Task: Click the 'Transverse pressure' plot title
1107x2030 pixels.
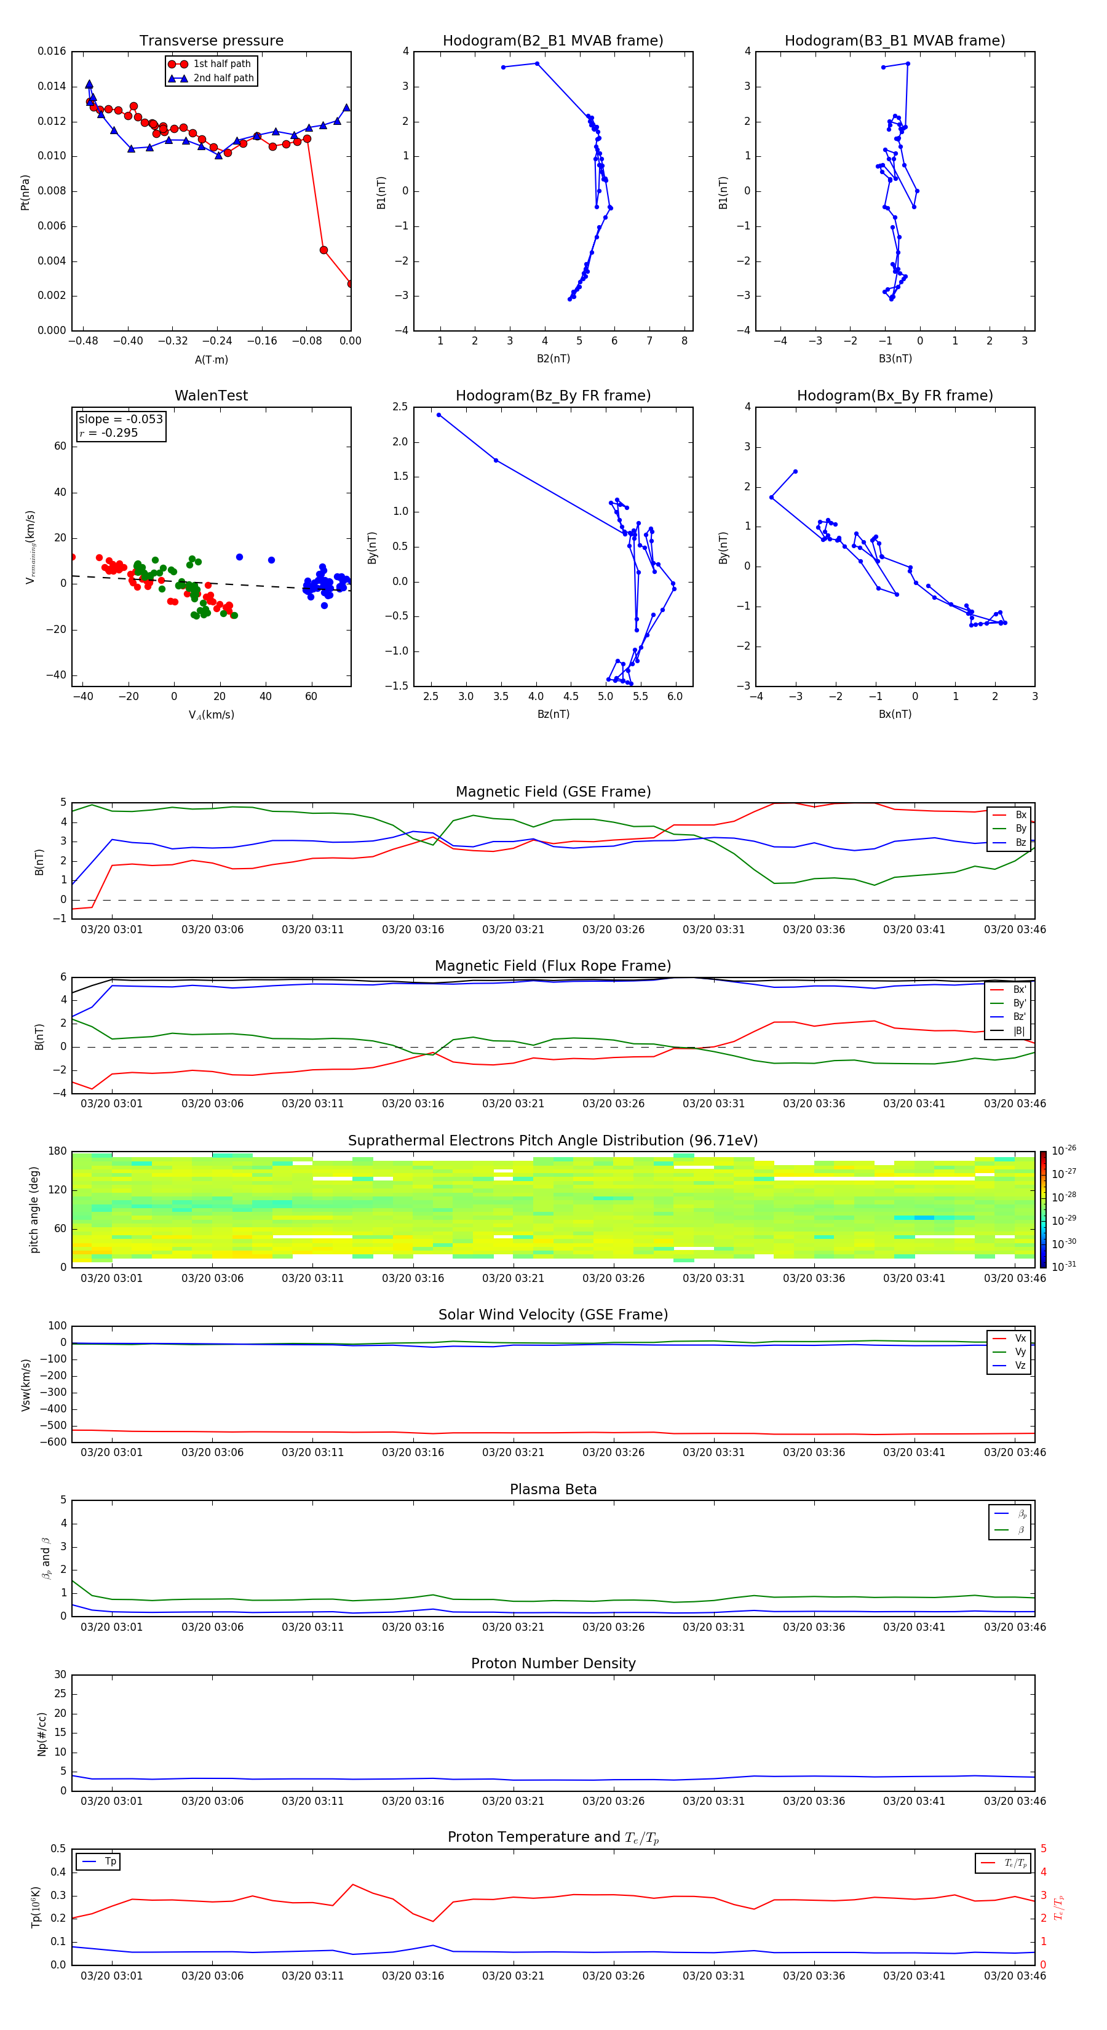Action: click(211, 41)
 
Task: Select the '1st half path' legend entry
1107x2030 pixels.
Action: click(221, 64)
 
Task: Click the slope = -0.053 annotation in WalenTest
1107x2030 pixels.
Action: click(121, 420)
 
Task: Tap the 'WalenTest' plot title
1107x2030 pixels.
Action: click(211, 396)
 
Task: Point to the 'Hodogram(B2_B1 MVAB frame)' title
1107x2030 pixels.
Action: click(552, 41)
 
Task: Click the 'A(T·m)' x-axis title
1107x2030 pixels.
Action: click(211, 359)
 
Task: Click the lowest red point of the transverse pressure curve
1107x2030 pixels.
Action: click(351, 284)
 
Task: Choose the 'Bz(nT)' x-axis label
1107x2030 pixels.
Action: click(553, 714)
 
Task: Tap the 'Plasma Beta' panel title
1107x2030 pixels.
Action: click(553, 1489)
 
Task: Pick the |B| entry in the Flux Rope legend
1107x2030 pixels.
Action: click(1019, 1031)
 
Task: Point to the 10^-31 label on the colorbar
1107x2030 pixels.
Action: click(1064, 1265)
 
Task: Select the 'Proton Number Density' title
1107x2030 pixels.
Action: click(553, 1663)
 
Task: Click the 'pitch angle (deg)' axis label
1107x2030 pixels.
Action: click(34, 1209)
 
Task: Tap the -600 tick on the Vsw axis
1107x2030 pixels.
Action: click(57, 1442)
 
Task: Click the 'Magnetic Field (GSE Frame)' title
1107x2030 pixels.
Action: click(553, 792)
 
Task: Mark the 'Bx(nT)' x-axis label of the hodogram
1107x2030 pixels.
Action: click(895, 714)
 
